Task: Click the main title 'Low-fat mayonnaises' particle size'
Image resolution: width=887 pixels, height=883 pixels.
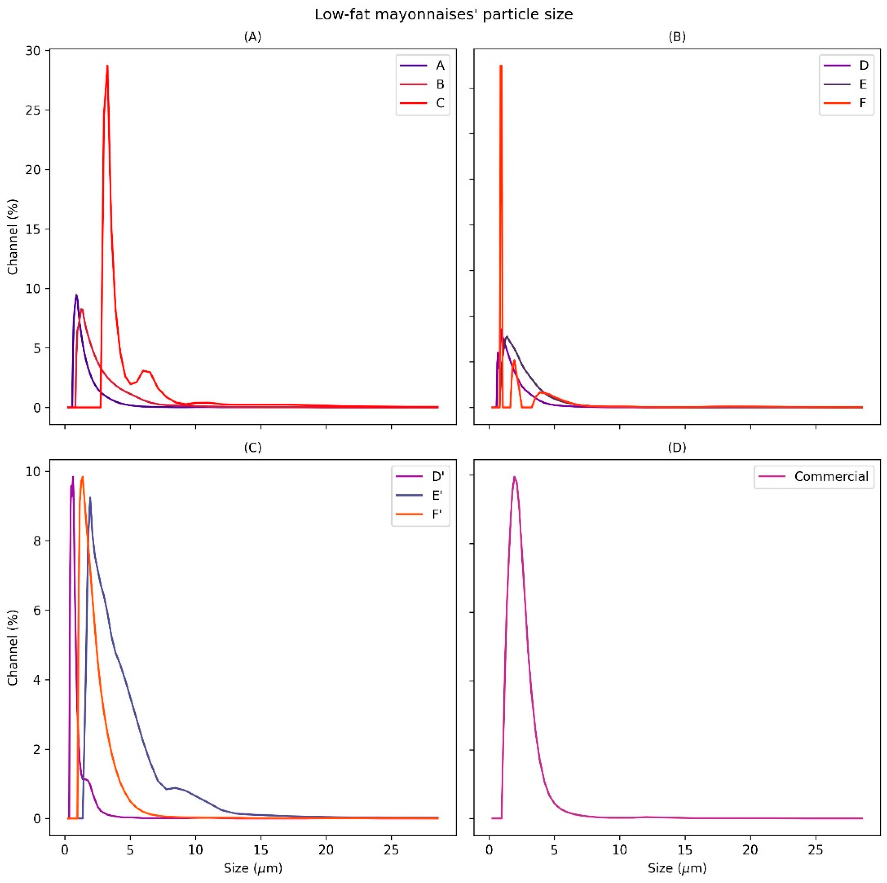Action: click(x=443, y=15)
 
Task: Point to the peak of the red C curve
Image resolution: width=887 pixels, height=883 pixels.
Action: click(x=107, y=66)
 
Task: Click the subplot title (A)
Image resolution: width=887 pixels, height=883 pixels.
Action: click(x=252, y=37)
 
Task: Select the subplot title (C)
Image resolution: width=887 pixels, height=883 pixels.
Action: click(x=252, y=448)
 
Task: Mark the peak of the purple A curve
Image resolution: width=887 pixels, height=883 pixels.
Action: click(x=76, y=295)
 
